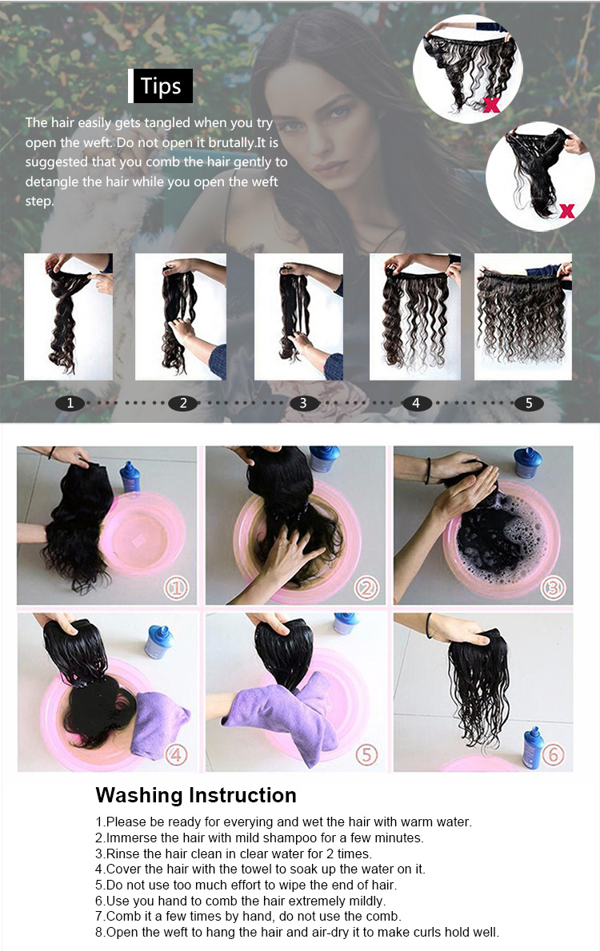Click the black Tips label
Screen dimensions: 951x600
point(161,86)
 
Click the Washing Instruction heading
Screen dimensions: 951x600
point(196,795)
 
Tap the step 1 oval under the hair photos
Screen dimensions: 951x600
point(70,404)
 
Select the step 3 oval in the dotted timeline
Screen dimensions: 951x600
point(302,404)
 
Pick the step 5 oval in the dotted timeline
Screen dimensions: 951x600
point(529,404)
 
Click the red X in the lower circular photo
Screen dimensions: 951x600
point(566,211)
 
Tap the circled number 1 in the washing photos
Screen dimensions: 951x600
point(177,589)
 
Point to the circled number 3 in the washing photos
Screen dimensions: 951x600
point(554,589)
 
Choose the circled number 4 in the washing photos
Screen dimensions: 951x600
point(177,754)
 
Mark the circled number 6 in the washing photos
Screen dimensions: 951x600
point(554,754)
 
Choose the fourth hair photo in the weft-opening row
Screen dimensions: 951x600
point(414,316)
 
